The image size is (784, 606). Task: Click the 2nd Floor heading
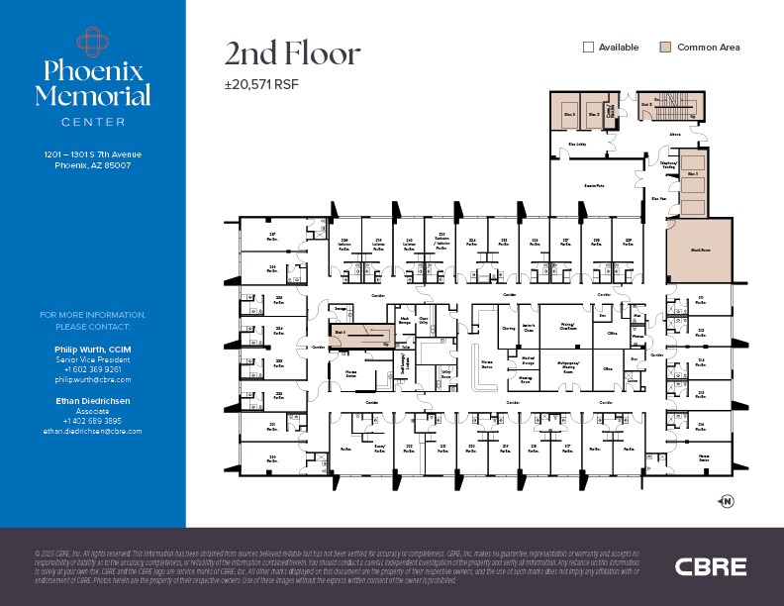292,53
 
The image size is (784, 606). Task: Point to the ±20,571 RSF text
261,84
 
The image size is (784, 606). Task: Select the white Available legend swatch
588,47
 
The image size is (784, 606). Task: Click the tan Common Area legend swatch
666,47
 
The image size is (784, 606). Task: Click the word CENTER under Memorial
93,122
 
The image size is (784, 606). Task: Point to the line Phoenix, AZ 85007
93,165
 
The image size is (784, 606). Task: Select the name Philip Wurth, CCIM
93,351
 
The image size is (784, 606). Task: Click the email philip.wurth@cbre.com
93,379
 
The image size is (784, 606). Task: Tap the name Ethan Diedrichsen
93,402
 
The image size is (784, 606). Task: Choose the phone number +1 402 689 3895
93,422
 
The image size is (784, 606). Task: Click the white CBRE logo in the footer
710,566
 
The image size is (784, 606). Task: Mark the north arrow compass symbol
728,502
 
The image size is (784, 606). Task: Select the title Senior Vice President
93,360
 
